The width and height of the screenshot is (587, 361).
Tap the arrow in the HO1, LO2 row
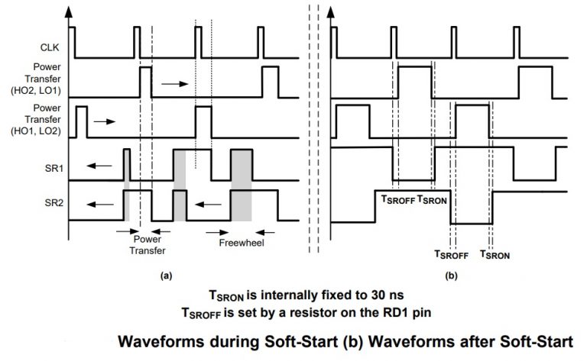104,121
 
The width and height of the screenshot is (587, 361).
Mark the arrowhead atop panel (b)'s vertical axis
331,11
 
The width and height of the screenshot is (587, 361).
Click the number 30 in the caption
326,294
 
